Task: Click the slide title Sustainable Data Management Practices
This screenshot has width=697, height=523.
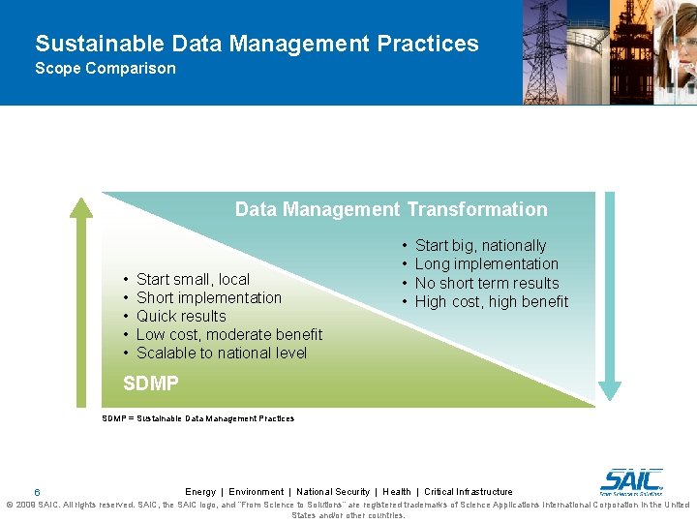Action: tap(257, 44)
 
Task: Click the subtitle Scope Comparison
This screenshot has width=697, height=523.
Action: tap(106, 69)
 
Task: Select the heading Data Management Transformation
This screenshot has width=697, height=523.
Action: tap(391, 209)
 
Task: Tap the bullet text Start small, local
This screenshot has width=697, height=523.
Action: tap(193, 279)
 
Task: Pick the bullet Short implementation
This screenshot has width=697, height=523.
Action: tap(208, 297)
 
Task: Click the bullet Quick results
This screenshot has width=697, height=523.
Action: tap(181, 316)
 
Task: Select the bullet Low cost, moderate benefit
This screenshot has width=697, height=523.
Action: tap(229, 334)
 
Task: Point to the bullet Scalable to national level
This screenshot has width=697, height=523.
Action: tap(221, 353)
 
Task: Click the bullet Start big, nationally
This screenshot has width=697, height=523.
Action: tap(480, 246)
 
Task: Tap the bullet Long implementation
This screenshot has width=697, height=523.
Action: tap(486, 264)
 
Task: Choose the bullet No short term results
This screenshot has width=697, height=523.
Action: tap(486, 283)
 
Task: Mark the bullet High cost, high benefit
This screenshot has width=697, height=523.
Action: tap(491, 301)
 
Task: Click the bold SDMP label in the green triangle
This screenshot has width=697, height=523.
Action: tap(151, 384)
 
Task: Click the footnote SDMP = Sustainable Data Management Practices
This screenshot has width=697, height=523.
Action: tap(198, 418)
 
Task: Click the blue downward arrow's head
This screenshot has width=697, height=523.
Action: tap(609, 389)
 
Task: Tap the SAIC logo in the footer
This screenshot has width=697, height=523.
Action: tap(631, 480)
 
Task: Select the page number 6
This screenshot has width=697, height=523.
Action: tap(37, 492)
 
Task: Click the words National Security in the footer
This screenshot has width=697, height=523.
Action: tap(333, 492)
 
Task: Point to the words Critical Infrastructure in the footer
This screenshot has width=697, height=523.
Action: tap(469, 492)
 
